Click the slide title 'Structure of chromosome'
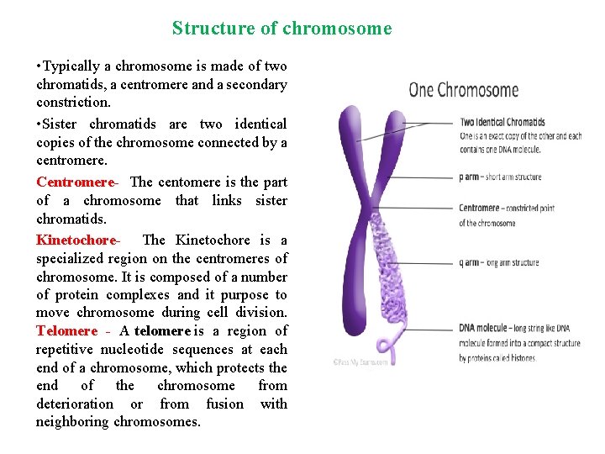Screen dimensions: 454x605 pos(281,29)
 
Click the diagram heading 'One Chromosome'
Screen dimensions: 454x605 pos(463,90)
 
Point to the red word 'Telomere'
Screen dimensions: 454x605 pos(66,331)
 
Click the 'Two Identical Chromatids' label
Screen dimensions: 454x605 pos(502,123)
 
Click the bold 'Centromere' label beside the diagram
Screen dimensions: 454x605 pos(479,208)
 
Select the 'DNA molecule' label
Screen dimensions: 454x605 pos(483,328)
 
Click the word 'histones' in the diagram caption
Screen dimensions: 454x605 pos(521,358)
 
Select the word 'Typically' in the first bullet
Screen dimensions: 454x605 pos(71,66)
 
